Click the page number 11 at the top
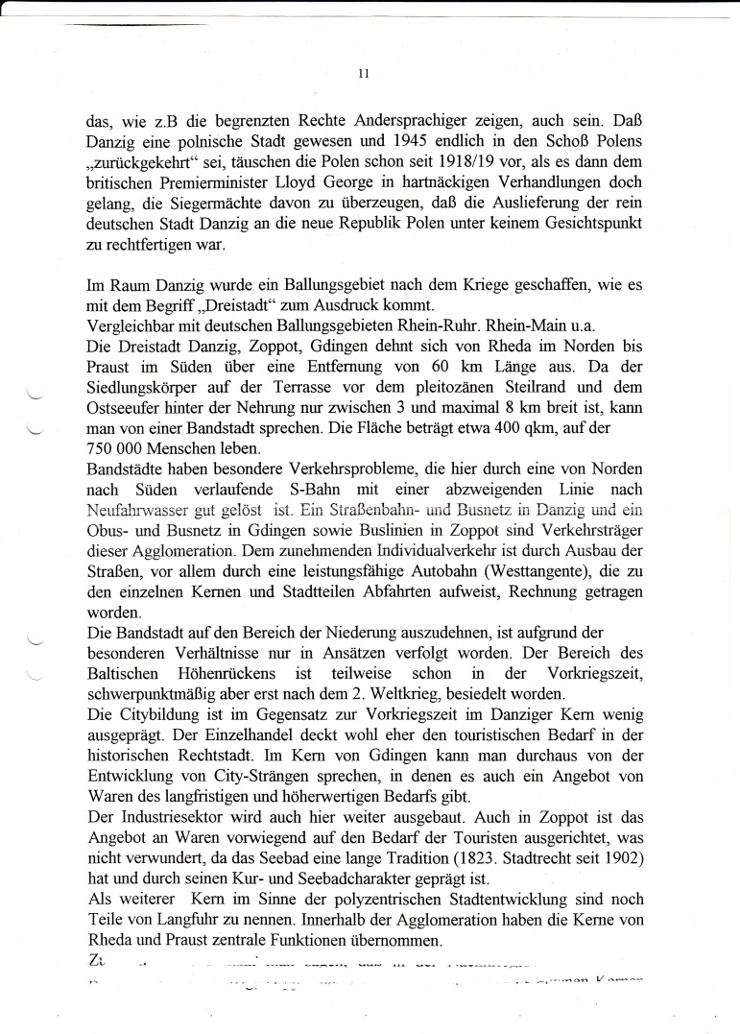point(363,73)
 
